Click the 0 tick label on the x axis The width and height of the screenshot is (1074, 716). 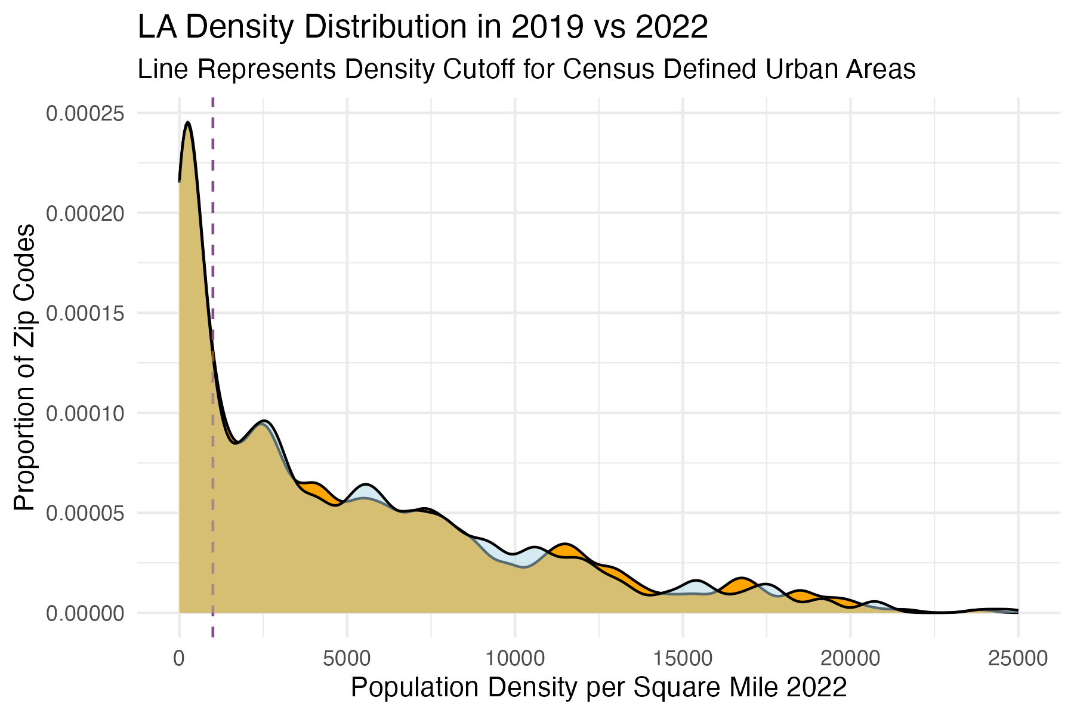coord(179,659)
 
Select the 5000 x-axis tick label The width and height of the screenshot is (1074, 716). coord(347,659)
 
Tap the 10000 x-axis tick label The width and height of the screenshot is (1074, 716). coord(514,659)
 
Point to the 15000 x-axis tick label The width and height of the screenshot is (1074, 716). coord(683,659)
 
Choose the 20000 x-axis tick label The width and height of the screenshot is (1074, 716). coord(850,659)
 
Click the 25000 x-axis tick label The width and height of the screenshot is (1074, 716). coord(1018,659)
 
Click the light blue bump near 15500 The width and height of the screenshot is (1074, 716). coord(696,588)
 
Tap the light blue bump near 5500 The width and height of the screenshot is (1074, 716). coord(366,493)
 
